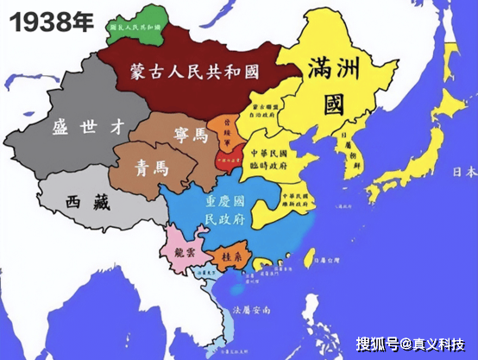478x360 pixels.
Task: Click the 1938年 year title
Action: point(49,21)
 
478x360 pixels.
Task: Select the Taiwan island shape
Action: point(309,260)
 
